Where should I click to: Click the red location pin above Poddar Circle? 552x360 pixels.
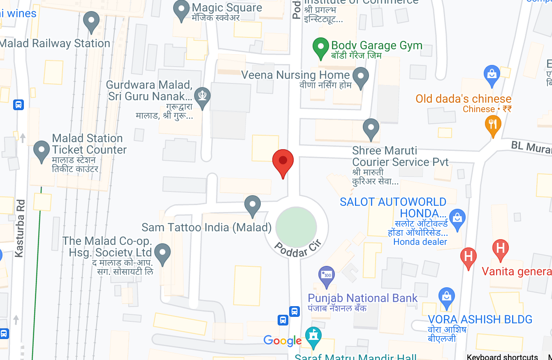coord(283,161)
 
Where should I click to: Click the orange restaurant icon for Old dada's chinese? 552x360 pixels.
coord(493,125)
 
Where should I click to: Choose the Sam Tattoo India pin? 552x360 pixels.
coord(252,205)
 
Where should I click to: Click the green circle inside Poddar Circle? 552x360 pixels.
coord(296,227)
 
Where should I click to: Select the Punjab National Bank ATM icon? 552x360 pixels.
coord(327,275)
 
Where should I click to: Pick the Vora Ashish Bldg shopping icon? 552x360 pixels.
coord(446,296)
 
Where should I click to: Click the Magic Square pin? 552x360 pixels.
coord(181,10)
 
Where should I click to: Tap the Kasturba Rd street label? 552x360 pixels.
coord(19,228)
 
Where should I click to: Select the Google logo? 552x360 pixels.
coord(282,340)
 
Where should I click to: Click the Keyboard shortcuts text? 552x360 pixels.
coord(502,357)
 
